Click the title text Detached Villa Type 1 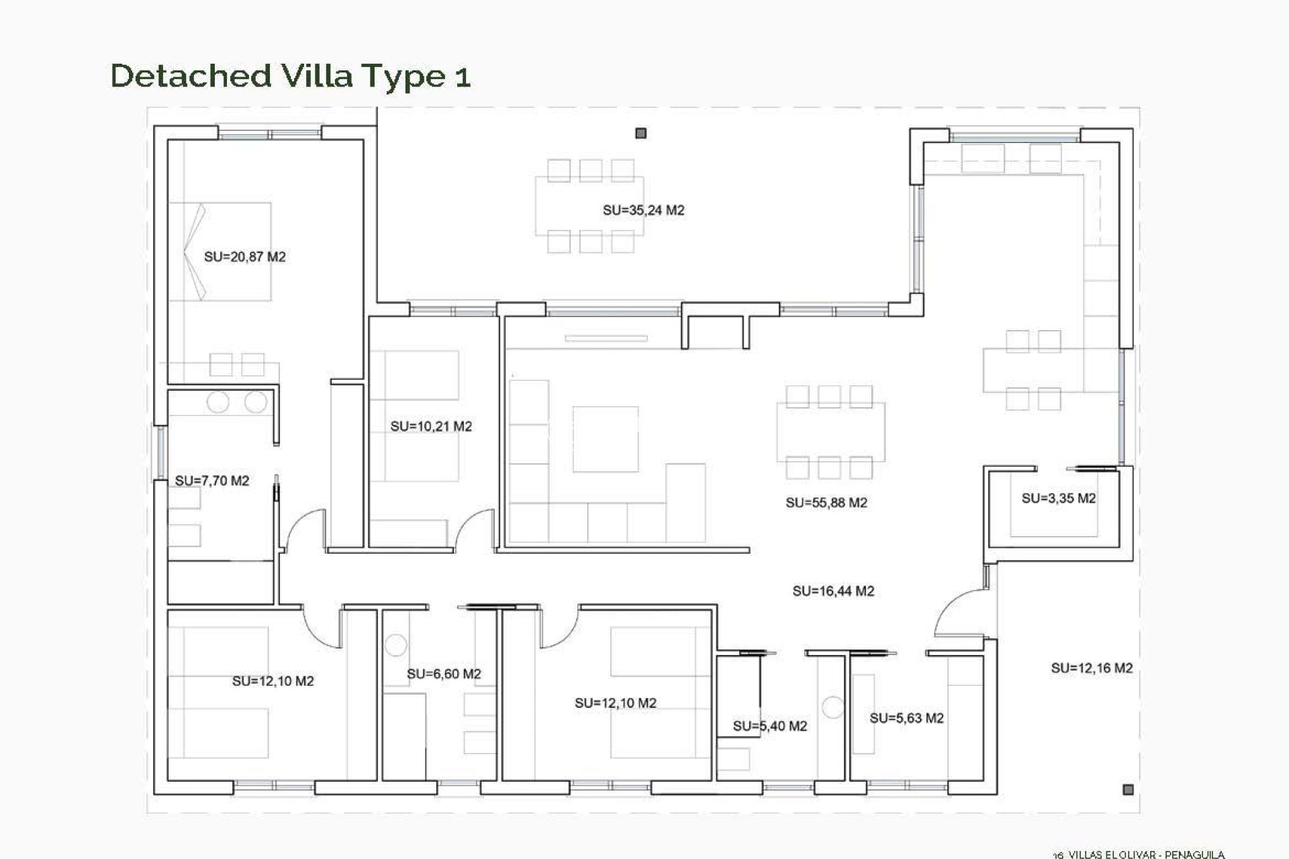point(290,76)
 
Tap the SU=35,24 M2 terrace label point(643,210)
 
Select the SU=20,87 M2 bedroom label point(244,256)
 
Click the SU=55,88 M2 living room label point(826,503)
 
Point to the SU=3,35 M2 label point(1058,498)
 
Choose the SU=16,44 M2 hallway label point(832,591)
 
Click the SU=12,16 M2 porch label point(1091,668)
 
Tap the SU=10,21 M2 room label point(431,426)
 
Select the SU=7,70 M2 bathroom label point(211,481)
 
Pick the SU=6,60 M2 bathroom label point(443,674)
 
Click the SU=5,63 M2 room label point(906,718)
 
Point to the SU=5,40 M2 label point(769,725)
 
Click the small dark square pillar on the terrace point(640,134)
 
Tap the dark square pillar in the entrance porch point(1128,789)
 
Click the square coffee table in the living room point(605,439)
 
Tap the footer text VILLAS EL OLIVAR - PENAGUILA point(1146,854)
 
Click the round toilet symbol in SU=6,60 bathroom point(396,645)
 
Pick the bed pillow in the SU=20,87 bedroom point(195,252)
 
